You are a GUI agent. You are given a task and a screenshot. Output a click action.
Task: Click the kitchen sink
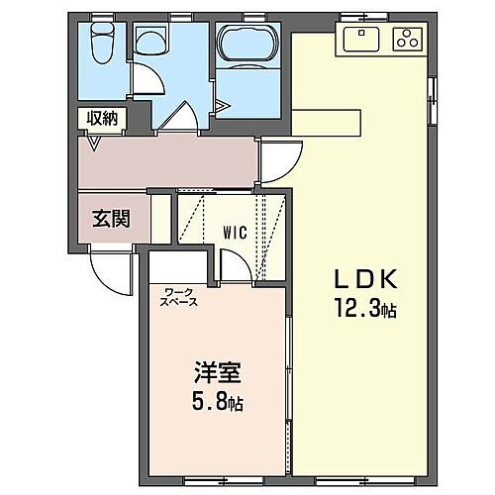(x=361, y=40)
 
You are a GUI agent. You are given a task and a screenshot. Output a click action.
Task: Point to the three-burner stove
(x=407, y=40)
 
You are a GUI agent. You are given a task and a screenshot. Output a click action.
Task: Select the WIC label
(x=235, y=234)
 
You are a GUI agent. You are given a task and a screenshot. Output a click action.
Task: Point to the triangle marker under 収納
(x=95, y=144)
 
